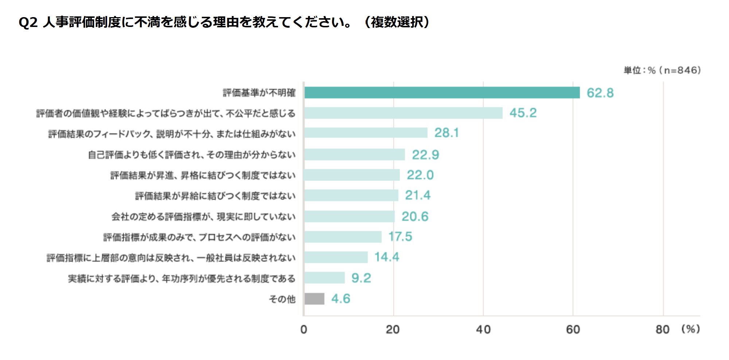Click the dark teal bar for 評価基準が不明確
pyautogui.click(x=442, y=93)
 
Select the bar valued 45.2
pyautogui.click(x=403, y=113)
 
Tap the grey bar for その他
pyautogui.click(x=314, y=299)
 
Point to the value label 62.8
pyautogui.click(x=600, y=93)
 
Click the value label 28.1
pyautogui.click(x=446, y=133)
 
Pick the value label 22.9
pyautogui.click(x=425, y=155)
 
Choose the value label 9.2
pyautogui.click(x=361, y=278)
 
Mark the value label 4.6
pyautogui.click(x=340, y=299)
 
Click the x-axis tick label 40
pyautogui.click(x=483, y=329)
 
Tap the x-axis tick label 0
pyautogui.click(x=304, y=329)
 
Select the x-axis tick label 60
pyautogui.click(x=573, y=329)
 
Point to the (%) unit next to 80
pyautogui.click(x=690, y=329)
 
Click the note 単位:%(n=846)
pyautogui.click(x=662, y=70)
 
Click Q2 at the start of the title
pyautogui.click(x=28, y=23)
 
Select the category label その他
pyautogui.click(x=282, y=299)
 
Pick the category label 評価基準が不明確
pyautogui.click(x=259, y=93)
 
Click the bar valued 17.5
pyautogui.click(x=343, y=237)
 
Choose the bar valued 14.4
pyautogui.click(x=336, y=257)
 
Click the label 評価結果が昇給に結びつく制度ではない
pyautogui.click(x=215, y=196)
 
